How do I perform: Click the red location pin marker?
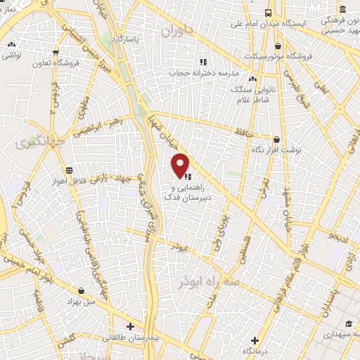(x=181, y=165)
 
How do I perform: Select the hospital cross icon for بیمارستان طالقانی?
(x=130, y=326)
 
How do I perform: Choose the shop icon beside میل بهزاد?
(x=83, y=290)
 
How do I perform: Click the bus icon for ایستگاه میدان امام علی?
(x=269, y=13)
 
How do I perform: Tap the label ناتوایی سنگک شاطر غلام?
(x=252, y=90)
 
